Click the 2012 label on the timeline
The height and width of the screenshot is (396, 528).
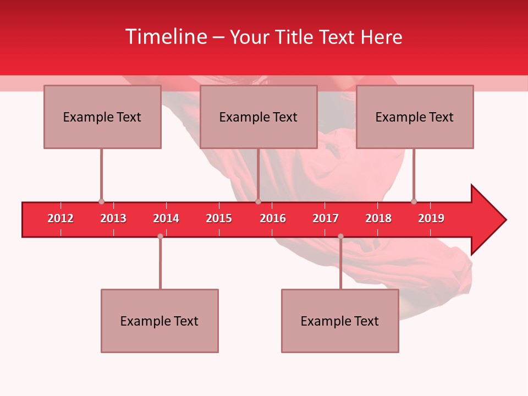click(x=61, y=218)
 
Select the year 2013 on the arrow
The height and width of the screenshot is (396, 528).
click(x=113, y=218)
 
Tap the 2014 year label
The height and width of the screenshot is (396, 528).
click(x=166, y=218)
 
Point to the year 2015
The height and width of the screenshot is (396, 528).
click(x=219, y=218)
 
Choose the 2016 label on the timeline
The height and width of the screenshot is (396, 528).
click(x=273, y=218)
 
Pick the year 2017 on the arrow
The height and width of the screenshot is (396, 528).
click(x=326, y=218)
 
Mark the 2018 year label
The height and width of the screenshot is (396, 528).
click(x=378, y=218)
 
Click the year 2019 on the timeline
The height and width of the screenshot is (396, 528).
click(x=431, y=218)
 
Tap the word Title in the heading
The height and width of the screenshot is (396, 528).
click(x=296, y=37)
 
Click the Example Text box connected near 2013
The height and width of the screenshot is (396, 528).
click(x=102, y=117)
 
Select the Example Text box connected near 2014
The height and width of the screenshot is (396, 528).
click(x=159, y=321)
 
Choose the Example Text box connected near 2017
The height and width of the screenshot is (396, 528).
click(x=340, y=321)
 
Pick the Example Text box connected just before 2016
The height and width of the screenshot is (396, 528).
click(x=258, y=117)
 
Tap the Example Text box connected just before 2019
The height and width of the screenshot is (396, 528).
click(x=415, y=117)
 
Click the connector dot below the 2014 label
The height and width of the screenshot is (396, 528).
click(x=160, y=236)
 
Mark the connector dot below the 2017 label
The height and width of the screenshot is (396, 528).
click(x=340, y=236)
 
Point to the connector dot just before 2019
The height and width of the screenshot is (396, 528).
click(x=414, y=201)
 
